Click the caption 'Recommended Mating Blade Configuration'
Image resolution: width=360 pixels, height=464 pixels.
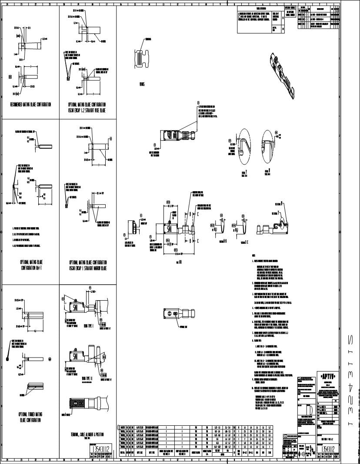[31, 105]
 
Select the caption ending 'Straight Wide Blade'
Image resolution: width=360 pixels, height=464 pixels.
[87, 107]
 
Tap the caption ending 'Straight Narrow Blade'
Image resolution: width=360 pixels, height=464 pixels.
[88, 265]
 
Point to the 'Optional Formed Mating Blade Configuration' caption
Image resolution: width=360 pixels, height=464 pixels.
[30, 418]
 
